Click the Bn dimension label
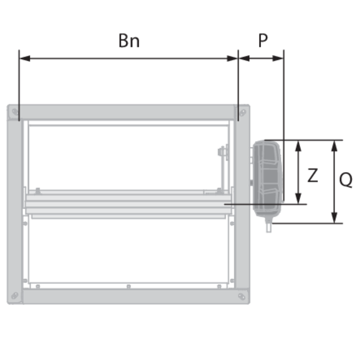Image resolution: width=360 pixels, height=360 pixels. [x=129, y=41]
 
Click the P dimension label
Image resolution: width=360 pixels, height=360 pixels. [x=263, y=40]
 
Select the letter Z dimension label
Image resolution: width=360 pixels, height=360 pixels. [x=313, y=175]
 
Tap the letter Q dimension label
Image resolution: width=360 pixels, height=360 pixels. [x=346, y=179]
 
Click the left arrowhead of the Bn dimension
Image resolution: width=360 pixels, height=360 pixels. [x=25, y=58]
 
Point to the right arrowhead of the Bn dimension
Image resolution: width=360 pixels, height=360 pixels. [x=232, y=58]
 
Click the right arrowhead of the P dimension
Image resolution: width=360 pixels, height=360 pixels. [x=278, y=58]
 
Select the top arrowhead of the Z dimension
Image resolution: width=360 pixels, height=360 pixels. [x=298, y=146]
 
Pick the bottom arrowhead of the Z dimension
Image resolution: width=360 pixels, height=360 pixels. [x=298, y=198]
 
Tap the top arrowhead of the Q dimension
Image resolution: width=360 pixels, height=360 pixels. [x=335, y=146]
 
